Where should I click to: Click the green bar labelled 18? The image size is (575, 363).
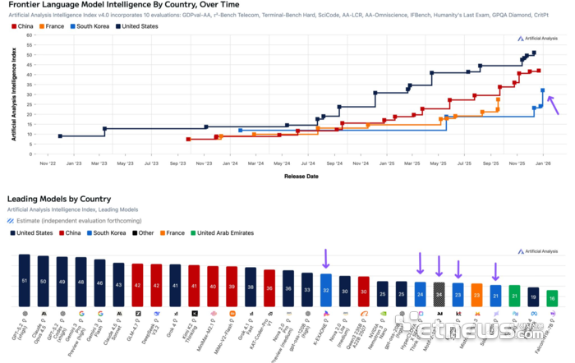(551, 296)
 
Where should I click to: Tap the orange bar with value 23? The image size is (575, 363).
(477, 293)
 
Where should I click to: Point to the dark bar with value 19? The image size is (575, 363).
(533, 296)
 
